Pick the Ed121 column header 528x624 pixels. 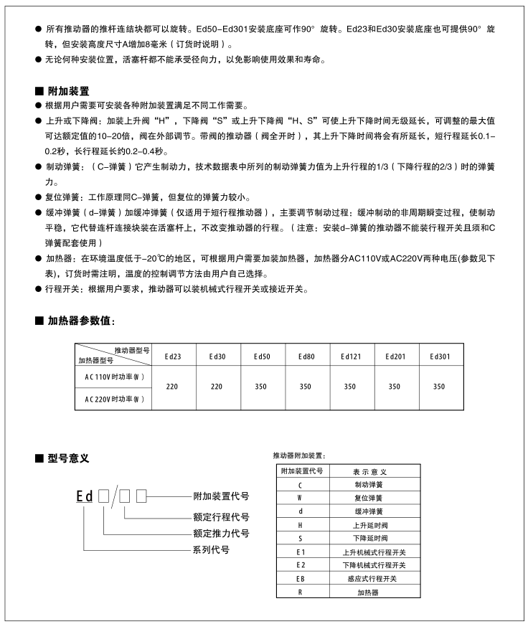point(349,356)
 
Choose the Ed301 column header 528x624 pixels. point(439,356)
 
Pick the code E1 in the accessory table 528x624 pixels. point(300,552)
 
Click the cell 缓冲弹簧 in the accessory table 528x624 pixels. point(369,511)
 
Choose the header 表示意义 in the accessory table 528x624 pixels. point(369,472)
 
